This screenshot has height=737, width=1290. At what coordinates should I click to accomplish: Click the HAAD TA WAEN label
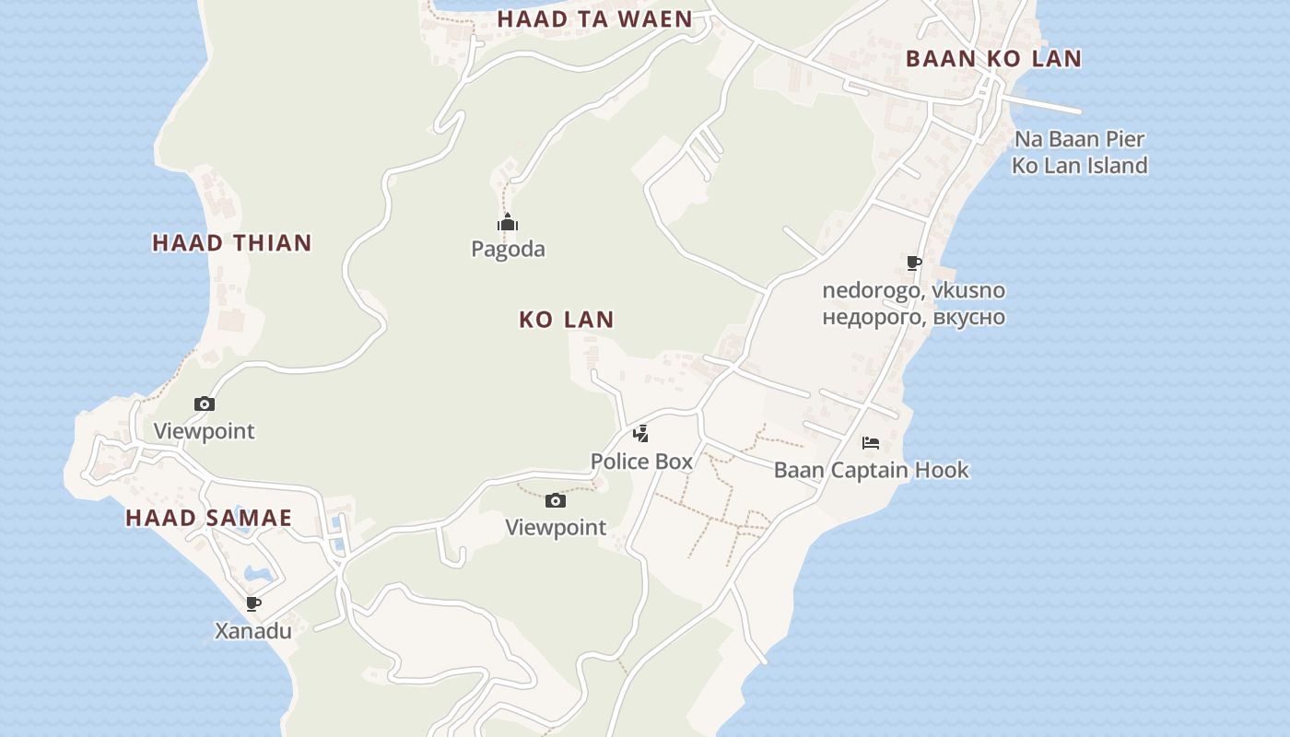click(594, 19)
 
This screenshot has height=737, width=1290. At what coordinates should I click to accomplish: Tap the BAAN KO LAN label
click(993, 59)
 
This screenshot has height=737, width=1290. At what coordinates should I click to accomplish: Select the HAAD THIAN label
click(232, 243)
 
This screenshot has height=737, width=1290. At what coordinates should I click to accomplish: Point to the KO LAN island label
click(566, 320)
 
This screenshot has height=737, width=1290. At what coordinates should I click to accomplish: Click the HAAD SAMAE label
click(208, 518)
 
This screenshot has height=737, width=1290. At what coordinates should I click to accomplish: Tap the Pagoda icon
click(508, 223)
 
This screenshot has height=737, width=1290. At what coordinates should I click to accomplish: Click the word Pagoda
click(508, 250)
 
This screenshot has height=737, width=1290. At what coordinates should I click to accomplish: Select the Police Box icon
click(640, 434)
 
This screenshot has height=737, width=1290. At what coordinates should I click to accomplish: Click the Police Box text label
click(641, 462)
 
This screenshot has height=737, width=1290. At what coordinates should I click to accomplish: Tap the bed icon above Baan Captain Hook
click(871, 443)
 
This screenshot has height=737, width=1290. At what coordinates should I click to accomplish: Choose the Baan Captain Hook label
click(871, 470)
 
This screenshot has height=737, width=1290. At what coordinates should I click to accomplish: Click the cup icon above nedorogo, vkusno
click(913, 263)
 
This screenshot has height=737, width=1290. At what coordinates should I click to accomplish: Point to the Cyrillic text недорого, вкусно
click(913, 318)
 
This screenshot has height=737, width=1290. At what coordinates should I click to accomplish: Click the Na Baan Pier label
click(1079, 140)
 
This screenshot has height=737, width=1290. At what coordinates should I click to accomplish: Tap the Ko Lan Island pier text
click(1079, 166)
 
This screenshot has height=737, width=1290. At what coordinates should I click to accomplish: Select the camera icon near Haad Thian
click(205, 404)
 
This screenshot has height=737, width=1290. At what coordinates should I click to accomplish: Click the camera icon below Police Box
click(556, 501)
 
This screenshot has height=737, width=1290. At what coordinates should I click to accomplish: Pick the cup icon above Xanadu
click(253, 604)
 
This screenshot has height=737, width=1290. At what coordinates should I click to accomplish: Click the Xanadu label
click(253, 631)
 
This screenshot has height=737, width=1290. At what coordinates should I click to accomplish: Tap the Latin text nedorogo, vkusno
click(913, 291)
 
